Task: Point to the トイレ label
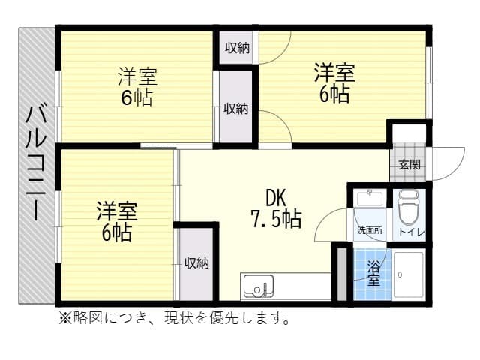coord(411,232)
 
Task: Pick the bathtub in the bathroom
coord(409,274)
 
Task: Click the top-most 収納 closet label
coord(238,49)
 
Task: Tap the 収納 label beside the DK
coord(196,263)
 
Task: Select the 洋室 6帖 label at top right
coord(334,83)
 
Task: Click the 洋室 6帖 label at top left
coord(138,87)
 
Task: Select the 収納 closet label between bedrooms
coord(236,108)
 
